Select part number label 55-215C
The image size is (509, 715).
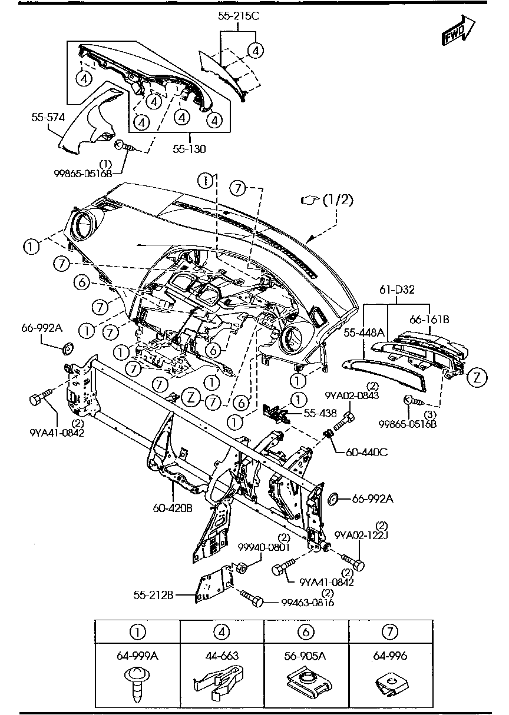click(238, 16)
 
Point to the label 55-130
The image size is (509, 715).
click(190, 149)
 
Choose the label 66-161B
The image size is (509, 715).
click(429, 320)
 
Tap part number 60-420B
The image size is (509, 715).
click(173, 507)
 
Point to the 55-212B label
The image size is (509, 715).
click(153, 595)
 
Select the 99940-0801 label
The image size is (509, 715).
click(265, 547)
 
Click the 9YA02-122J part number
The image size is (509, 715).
click(360, 535)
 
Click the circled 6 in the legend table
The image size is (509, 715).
click(306, 632)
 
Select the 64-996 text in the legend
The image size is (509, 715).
click(390, 656)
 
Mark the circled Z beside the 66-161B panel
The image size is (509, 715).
click(477, 378)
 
